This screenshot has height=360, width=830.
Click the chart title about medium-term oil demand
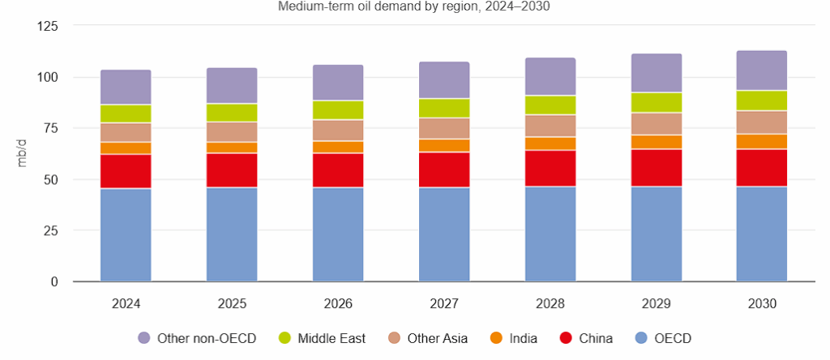414,6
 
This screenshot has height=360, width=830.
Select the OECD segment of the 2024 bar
126,235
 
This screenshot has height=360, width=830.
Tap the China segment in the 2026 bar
338,170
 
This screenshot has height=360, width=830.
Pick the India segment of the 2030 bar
762,141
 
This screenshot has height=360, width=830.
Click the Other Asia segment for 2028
550,126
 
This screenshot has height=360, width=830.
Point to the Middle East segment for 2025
232,113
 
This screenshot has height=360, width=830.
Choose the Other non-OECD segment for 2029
657,73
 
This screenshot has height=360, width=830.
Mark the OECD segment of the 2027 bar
444,235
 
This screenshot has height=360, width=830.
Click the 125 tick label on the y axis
48,26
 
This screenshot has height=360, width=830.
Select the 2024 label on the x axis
126,304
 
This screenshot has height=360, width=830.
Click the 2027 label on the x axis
444,304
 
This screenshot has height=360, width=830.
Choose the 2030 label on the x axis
762,304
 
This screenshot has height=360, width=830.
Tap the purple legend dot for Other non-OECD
144,338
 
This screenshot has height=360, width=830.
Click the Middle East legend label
332,338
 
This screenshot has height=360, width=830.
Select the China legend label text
596,338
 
